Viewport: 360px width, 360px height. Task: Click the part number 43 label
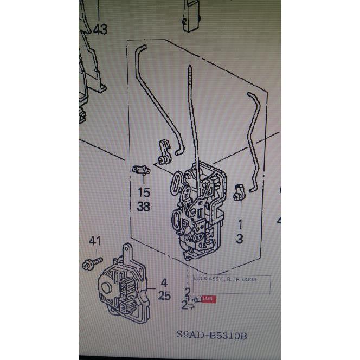100,30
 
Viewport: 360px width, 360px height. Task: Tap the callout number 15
143,192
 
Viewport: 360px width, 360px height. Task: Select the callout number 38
143,206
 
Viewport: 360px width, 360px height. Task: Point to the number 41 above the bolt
95,241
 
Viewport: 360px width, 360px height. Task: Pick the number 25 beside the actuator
164,296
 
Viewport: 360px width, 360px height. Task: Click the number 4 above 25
164,282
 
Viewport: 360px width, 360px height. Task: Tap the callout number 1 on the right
239,223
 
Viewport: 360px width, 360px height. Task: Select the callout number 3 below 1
239,238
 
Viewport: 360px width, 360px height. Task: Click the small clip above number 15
141,170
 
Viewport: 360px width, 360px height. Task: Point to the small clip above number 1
239,192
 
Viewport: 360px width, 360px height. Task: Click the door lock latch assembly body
198,211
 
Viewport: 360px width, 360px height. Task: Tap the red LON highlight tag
208,298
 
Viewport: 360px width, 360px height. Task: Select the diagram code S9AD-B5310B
211,336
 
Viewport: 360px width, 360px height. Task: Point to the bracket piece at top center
191,16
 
